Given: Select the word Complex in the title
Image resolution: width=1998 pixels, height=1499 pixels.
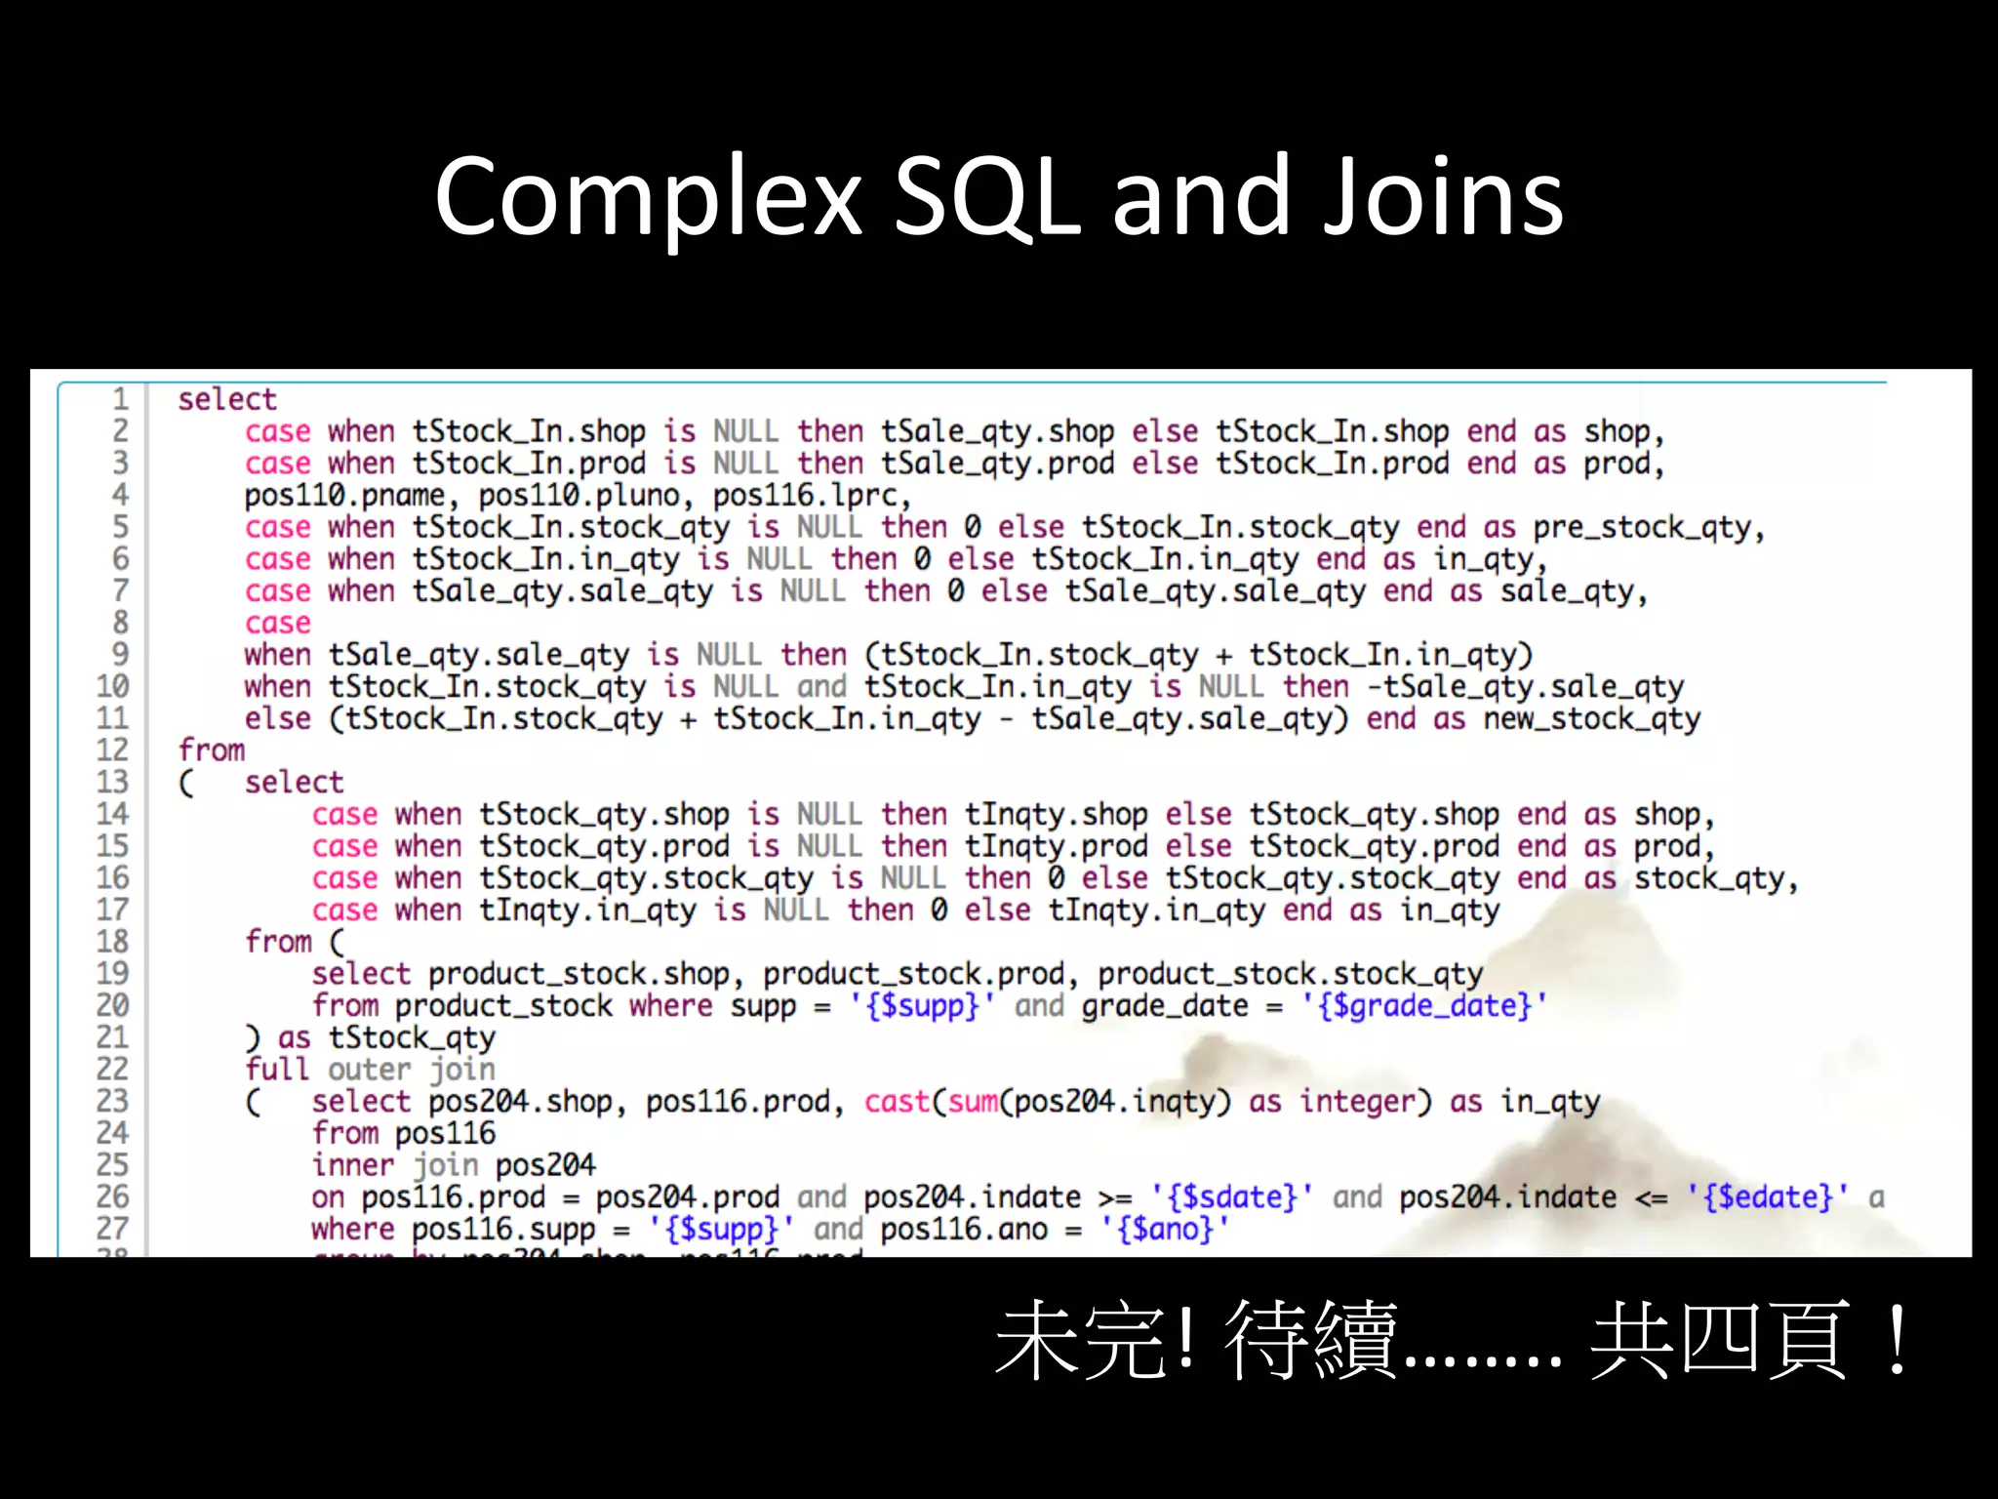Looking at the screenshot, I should click(648, 198).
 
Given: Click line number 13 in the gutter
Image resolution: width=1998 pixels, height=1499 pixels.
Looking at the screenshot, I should click(112, 782).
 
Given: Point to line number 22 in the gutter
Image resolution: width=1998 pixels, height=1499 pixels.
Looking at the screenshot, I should click(112, 1069).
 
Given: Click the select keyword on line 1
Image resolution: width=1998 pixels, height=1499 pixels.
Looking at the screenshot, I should click(227, 399).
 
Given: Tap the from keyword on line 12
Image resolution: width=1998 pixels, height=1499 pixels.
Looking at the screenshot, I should click(212, 750).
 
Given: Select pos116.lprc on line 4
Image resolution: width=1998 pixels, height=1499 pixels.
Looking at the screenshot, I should click(811, 496).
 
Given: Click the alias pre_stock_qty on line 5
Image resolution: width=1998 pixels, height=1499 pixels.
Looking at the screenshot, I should click(1648, 528).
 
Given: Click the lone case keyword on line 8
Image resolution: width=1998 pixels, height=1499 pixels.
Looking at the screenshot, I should click(278, 623).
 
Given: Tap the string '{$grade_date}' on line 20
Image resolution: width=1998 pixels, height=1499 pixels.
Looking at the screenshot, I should click(1424, 1005).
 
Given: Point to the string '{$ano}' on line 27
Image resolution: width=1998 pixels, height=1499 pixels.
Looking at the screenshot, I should click(1165, 1229).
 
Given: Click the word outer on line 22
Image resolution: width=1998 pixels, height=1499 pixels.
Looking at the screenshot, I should click(370, 1070).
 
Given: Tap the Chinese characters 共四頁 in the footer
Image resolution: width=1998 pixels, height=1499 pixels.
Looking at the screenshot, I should click(1719, 1340).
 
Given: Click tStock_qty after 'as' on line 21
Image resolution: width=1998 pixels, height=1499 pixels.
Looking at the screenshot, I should click(412, 1037).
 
